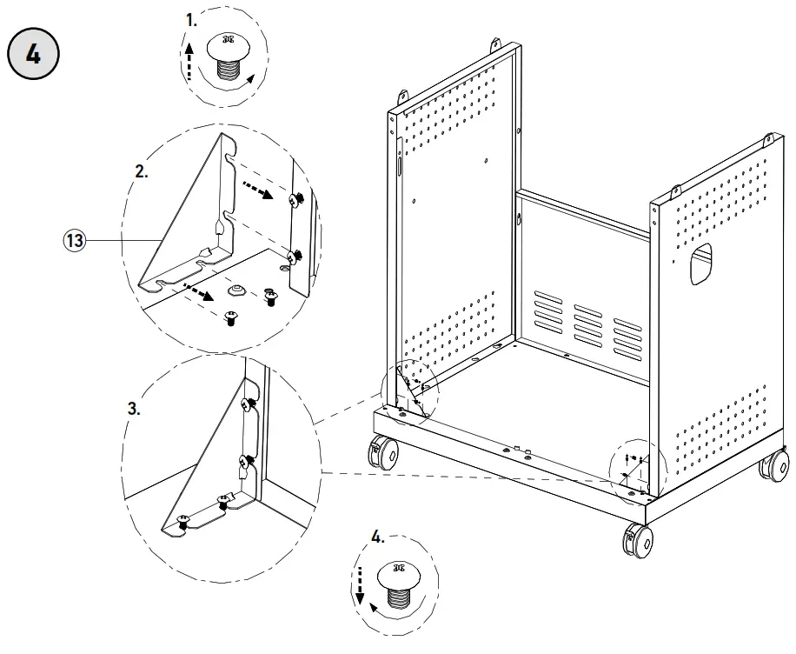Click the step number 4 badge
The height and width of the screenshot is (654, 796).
(33, 54)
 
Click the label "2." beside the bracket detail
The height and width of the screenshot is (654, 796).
(141, 171)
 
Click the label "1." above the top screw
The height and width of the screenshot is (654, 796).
(192, 17)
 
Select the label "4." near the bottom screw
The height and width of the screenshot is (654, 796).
(377, 537)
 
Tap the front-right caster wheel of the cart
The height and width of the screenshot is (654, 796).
(639, 541)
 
